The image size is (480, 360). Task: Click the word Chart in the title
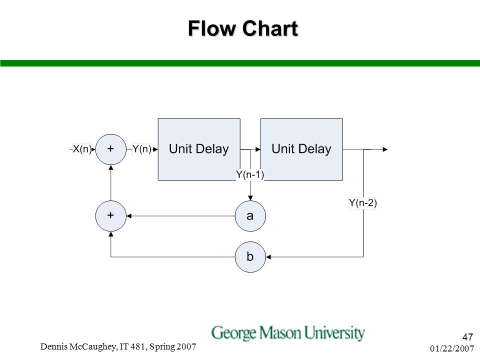pyautogui.click(x=270, y=28)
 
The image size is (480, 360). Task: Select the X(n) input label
pyautogui.click(x=82, y=149)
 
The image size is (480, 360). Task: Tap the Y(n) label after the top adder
pyautogui.click(x=141, y=149)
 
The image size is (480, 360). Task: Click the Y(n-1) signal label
pyautogui.click(x=250, y=174)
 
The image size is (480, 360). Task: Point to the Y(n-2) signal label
pyautogui.click(x=363, y=202)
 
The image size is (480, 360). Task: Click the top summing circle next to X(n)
pyautogui.click(x=111, y=149)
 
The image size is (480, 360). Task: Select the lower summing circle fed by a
pyautogui.click(x=111, y=216)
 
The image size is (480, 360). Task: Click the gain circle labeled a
pyautogui.click(x=250, y=216)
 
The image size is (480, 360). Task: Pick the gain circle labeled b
pyautogui.click(x=250, y=257)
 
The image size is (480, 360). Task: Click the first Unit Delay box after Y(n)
pyautogui.click(x=199, y=149)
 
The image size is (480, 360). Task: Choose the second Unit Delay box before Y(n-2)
pyautogui.click(x=301, y=149)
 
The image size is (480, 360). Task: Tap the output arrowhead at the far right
pyautogui.click(x=385, y=149)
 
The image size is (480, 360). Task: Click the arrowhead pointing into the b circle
pyautogui.click(x=268, y=257)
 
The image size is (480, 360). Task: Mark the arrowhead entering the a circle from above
pyautogui.click(x=250, y=198)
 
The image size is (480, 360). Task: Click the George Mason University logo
pyautogui.click(x=288, y=333)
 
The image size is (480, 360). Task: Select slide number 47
pyautogui.click(x=468, y=337)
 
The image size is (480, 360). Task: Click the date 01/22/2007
pyautogui.click(x=452, y=348)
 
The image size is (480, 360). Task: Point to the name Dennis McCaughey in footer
pyautogui.click(x=78, y=346)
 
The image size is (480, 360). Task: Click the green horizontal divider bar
pyautogui.click(x=240, y=63)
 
